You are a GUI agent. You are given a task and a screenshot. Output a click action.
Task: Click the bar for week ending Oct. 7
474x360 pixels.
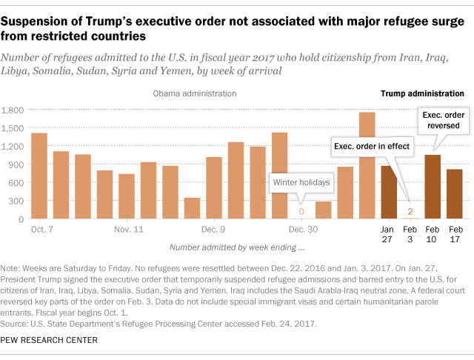tap(39, 176)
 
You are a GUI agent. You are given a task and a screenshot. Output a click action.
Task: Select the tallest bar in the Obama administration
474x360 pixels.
tap(367, 166)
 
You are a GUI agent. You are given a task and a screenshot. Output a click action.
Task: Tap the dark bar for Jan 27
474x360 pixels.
tap(388, 193)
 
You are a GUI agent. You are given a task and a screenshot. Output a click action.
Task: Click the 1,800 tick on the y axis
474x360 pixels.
tap(13, 110)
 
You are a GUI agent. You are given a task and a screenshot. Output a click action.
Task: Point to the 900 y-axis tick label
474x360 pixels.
tap(16, 164)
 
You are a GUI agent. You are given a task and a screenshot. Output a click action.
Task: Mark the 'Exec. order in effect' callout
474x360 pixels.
tap(372, 147)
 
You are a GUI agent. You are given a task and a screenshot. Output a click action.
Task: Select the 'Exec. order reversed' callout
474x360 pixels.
tap(444, 121)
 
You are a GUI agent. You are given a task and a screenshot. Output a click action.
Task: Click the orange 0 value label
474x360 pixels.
tap(301, 212)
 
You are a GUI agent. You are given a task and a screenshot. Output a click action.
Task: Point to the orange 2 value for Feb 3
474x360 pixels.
tap(410, 212)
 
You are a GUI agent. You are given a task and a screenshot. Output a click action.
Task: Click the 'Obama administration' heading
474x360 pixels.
tap(195, 94)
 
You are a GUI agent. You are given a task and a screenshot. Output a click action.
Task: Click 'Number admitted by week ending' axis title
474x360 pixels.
tap(236, 246)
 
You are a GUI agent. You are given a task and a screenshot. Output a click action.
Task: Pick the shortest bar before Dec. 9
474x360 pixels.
tap(192, 208)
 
